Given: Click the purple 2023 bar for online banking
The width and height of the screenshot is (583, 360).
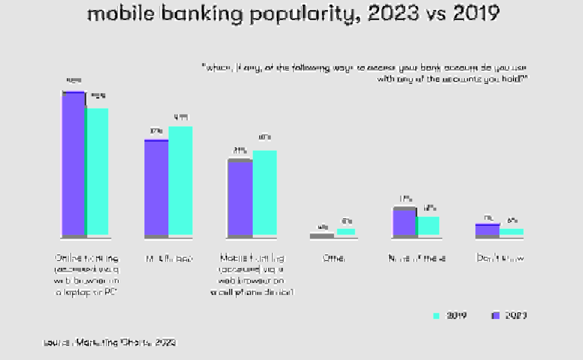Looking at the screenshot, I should point(74,164).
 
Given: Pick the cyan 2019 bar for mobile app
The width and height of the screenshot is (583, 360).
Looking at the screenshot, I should point(181,181).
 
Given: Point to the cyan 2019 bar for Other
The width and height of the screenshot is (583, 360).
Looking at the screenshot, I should point(346,232).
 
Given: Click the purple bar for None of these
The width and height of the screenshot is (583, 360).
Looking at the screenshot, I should point(404,222).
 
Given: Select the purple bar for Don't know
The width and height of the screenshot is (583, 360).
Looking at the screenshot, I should point(487,230).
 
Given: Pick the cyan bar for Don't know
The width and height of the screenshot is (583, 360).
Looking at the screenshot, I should point(512,232).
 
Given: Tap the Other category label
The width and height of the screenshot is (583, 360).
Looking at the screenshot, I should point(334,258).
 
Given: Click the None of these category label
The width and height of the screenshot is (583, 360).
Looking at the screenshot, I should point(417,258).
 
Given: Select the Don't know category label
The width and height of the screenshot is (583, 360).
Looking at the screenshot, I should point(500,258).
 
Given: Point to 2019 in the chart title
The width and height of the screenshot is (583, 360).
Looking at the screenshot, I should point(476,14).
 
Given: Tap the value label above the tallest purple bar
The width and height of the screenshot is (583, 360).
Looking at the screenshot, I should point(74,81).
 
